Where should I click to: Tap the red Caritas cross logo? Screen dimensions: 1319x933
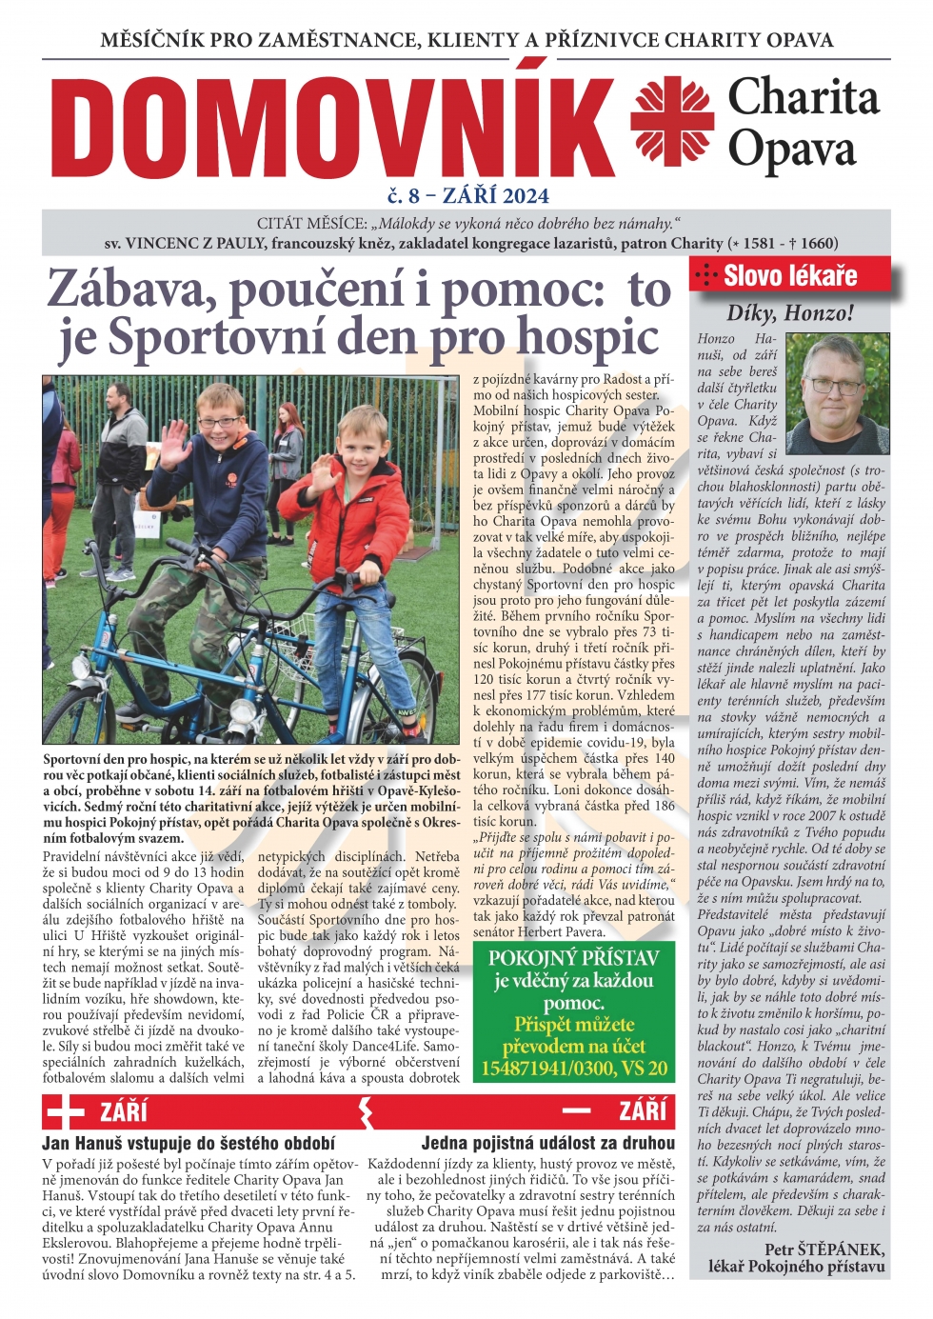[x=671, y=122]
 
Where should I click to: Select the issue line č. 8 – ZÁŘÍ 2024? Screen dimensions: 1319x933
[x=467, y=195]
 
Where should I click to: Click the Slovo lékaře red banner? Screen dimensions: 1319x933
[x=789, y=275]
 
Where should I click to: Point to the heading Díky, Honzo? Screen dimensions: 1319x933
[x=789, y=312]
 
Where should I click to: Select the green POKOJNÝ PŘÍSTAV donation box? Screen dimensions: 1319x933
[x=573, y=1011]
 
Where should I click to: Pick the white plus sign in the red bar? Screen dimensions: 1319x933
[x=65, y=1110]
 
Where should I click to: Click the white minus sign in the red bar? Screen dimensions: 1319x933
[x=576, y=1110]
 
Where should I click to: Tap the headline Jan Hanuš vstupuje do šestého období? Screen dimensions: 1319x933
[x=189, y=1143]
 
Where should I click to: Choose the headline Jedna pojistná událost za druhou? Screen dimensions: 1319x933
[x=547, y=1143]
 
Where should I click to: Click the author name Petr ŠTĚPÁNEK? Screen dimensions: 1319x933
[x=824, y=1249]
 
